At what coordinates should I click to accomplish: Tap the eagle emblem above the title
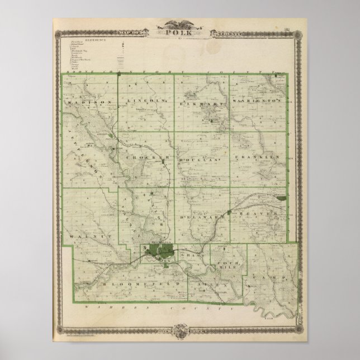point(180,24)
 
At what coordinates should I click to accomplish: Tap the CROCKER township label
point(145,158)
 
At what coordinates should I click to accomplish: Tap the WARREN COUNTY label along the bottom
point(157,307)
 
